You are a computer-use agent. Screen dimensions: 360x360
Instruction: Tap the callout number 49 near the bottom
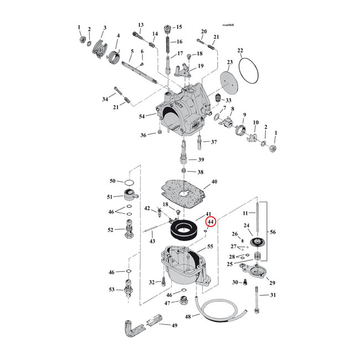(174, 325)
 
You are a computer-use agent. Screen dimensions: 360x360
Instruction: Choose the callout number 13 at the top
(141, 25)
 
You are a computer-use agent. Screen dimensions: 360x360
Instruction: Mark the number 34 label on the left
(105, 99)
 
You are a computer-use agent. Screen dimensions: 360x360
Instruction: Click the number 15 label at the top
(178, 27)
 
